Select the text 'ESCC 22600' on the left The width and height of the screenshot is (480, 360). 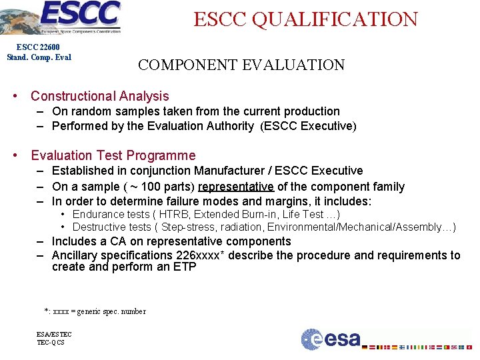(x=39, y=47)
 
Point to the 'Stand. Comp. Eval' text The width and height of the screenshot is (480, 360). (x=39, y=57)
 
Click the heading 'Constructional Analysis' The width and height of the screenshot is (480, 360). (x=100, y=96)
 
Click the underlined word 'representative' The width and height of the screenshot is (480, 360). (x=236, y=187)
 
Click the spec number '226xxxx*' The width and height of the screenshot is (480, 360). (x=202, y=255)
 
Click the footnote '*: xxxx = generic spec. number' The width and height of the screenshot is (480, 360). (x=95, y=311)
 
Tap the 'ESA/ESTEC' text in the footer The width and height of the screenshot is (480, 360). (x=54, y=334)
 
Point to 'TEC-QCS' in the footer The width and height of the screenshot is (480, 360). (x=51, y=343)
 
